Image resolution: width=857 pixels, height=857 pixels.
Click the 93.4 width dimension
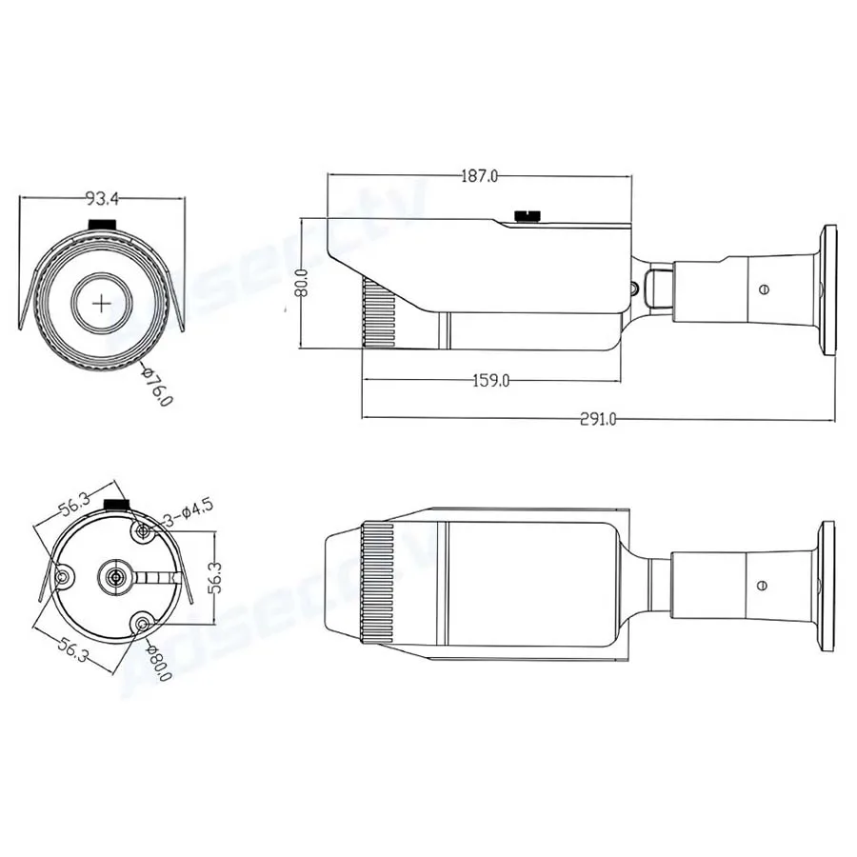[x=102, y=199]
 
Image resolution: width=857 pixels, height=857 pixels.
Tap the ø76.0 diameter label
[x=157, y=386]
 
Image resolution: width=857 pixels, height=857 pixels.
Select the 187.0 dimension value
[x=480, y=175]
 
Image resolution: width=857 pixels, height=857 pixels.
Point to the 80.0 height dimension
[x=301, y=282]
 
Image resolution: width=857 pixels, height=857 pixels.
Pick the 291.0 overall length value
[x=598, y=418]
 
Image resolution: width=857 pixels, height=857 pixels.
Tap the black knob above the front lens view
[x=102, y=225]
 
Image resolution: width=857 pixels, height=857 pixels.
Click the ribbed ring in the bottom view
[x=376, y=582]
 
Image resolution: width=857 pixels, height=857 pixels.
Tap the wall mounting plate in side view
[x=827, y=289]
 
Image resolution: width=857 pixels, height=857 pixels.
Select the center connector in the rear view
[x=117, y=577]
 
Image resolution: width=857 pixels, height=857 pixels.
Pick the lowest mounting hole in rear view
[x=143, y=624]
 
